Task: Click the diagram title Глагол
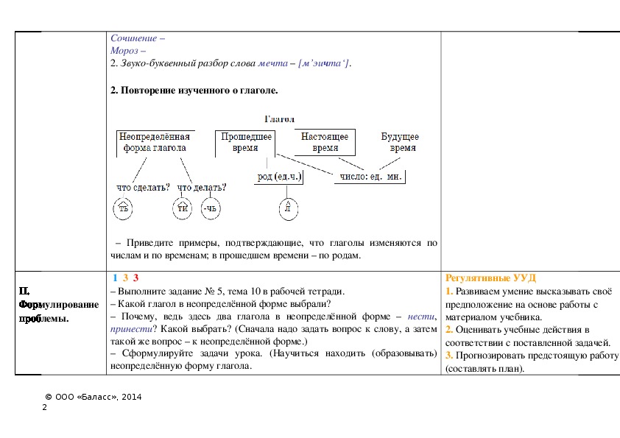click(x=279, y=119)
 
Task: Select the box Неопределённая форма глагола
click(x=155, y=142)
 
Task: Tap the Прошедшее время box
click(x=245, y=142)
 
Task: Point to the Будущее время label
click(x=400, y=142)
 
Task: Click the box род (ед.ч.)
click(x=280, y=177)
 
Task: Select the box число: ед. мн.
click(x=373, y=177)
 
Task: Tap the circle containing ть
click(x=124, y=209)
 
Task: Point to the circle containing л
click(x=289, y=209)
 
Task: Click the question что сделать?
click(x=143, y=187)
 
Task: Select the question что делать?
click(x=202, y=187)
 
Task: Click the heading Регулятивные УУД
click(x=490, y=278)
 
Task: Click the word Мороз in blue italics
click(x=125, y=50)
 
